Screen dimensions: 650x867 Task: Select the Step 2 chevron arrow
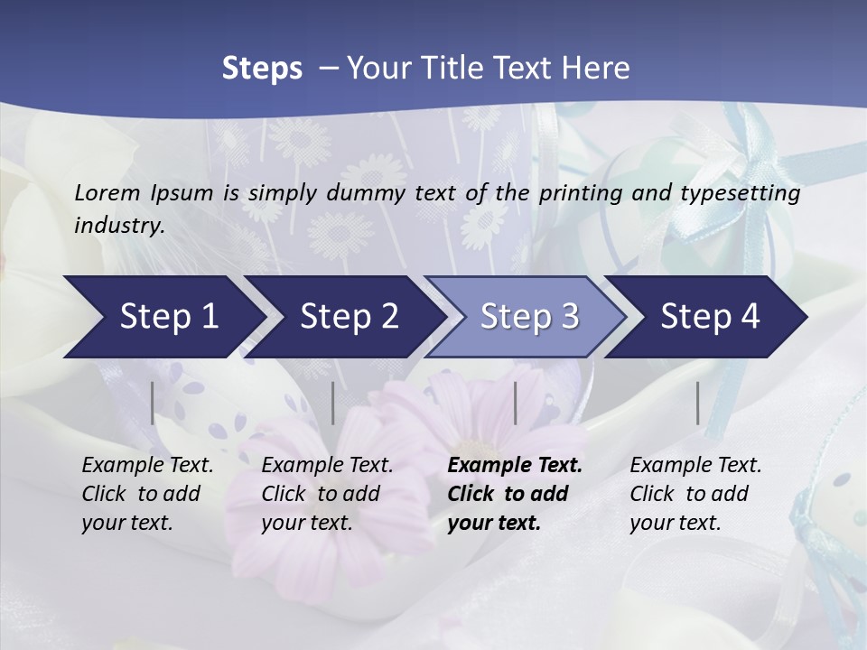click(x=348, y=317)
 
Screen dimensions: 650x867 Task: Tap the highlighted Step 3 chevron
click(x=528, y=317)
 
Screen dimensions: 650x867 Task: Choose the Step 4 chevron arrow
click(x=709, y=317)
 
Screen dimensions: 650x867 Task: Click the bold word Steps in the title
click(x=262, y=69)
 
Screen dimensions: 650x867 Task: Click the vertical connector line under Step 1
click(x=153, y=403)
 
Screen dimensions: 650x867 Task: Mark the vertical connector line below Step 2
click(x=333, y=403)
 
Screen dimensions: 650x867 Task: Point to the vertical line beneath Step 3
click(x=516, y=403)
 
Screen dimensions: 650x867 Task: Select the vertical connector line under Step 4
click(x=698, y=403)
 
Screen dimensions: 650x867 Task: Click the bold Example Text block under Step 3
click(x=514, y=494)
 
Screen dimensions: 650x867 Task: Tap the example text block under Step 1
click(x=147, y=494)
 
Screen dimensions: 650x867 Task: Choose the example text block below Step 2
click(x=327, y=494)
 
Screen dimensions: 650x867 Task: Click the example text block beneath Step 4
click(x=695, y=494)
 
